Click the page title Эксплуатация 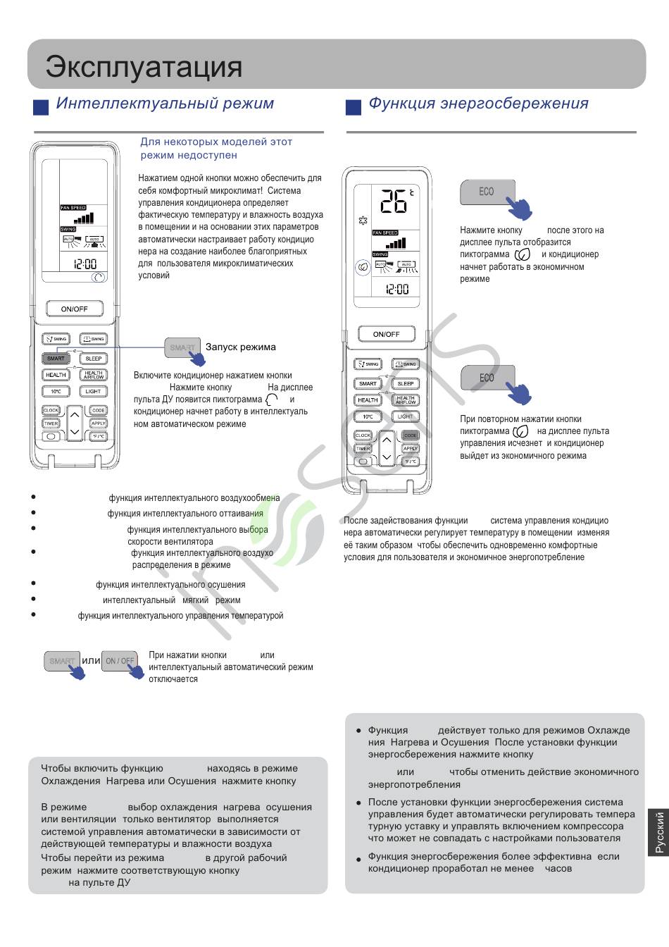click(x=144, y=67)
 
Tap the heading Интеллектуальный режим click(x=165, y=104)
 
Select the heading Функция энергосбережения click(x=478, y=104)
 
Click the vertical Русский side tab click(x=659, y=831)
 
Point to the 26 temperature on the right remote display click(x=394, y=202)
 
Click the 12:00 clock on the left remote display click(x=85, y=264)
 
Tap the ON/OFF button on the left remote click(x=75, y=309)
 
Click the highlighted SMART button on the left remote click(x=56, y=358)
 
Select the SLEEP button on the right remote click(x=406, y=383)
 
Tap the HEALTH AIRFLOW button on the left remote click(x=94, y=375)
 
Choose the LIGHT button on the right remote click(x=406, y=416)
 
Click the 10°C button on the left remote click(x=56, y=391)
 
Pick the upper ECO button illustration click(x=487, y=192)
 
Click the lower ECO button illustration click(x=487, y=378)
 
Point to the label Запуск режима click(x=240, y=347)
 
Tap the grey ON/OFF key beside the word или click(x=119, y=661)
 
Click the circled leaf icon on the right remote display click(x=362, y=267)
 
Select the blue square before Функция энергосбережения click(x=354, y=107)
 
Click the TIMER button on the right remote click(x=363, y=449)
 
